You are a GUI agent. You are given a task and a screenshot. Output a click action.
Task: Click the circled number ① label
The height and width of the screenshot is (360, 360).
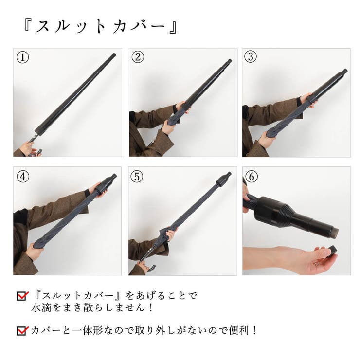click(22, 57)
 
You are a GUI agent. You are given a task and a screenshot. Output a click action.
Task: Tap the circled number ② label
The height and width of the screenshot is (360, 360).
click(138, 57)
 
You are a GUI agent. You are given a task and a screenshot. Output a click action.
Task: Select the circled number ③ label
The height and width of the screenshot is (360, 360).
click(251, 56)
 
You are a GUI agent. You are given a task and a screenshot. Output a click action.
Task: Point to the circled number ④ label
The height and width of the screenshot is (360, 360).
click(23, 177)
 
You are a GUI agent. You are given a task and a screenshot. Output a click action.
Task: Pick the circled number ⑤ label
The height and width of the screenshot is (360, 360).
click(137, 177)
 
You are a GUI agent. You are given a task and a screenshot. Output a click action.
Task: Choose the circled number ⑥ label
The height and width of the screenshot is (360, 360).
click(252, 177)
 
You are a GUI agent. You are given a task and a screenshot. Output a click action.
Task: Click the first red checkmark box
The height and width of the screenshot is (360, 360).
click(22, 296)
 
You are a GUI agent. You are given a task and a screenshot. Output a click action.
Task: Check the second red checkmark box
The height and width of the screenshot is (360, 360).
click(22, 331)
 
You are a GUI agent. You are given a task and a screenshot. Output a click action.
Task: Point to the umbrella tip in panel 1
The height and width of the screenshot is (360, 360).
click(113, 55)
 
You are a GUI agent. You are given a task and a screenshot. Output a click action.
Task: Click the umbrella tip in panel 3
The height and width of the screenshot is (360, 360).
click(344, 71)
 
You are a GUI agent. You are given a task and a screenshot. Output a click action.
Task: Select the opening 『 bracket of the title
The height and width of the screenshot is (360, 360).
click(28, 25)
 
